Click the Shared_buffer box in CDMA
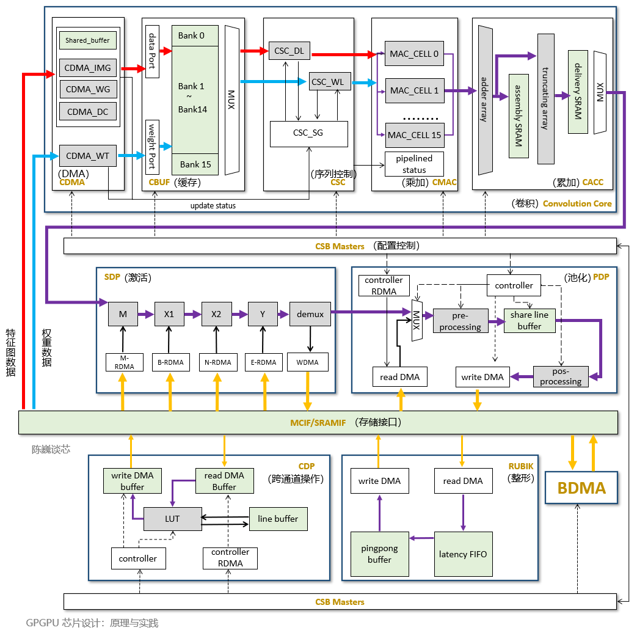click(87, 40)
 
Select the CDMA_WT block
click(87, 156)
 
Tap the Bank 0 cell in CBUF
click(195, 35)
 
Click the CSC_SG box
click(308, 133)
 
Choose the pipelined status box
click(414, 164)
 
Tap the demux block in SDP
click(310, 314)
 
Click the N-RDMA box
click(218, 362)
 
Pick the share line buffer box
click(530, 320)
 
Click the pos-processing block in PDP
click(560, 376)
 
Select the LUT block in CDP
click(172, 519)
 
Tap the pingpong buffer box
click(379, 554)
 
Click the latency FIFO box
click(463, 554)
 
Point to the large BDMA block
click(581, 488)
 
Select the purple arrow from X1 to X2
click(192, 314)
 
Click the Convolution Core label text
click(577, 203)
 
